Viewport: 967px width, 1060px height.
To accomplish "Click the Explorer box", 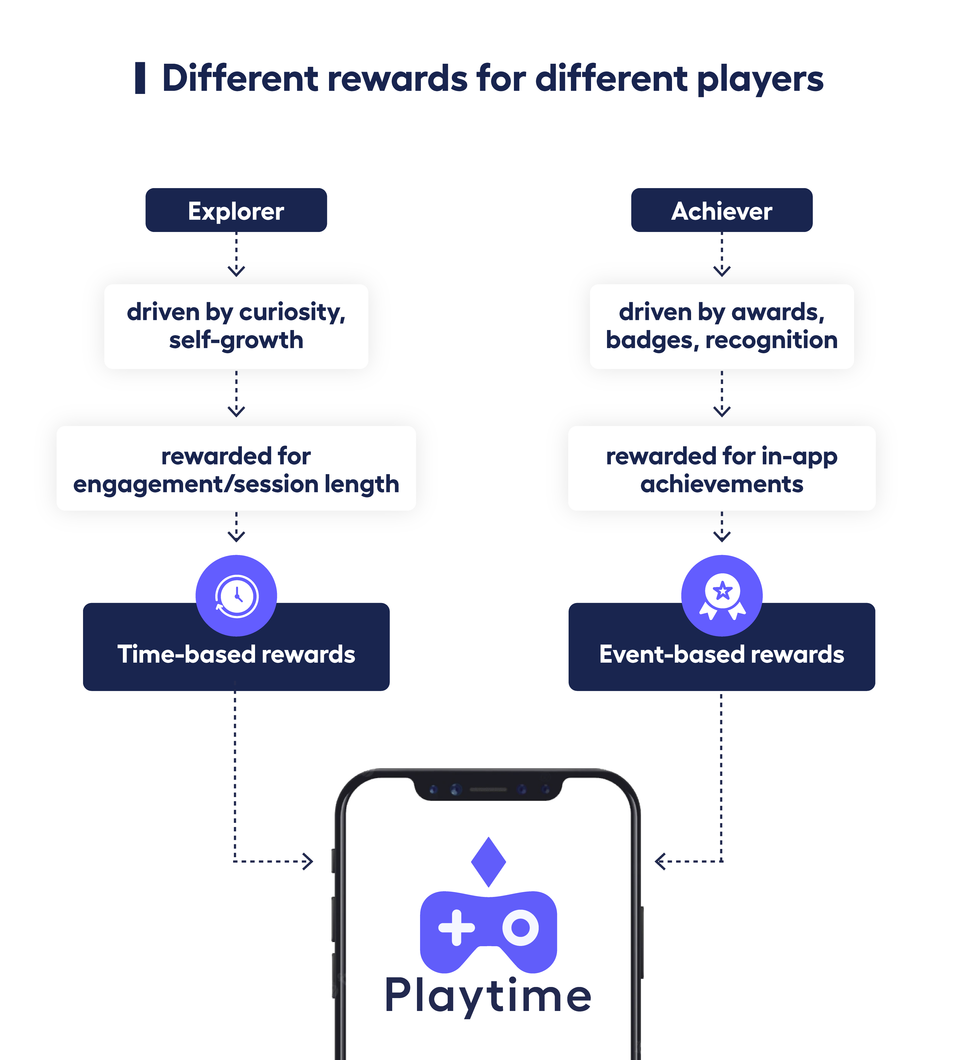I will click(x=236, y=210).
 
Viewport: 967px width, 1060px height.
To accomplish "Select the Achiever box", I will click(x=722, y=210).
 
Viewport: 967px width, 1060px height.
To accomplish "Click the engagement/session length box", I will click(x=236, y=469).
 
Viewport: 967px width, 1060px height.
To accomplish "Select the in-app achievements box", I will click(x=722, y=469).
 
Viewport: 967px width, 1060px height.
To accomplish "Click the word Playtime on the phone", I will click(x=488, y=995).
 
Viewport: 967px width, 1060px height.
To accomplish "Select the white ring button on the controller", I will click(x=520, y=927).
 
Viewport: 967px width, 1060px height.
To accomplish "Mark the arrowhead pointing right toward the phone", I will click(x=308, y=861).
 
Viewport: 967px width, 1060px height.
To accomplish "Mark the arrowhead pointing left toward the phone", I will click(x=660, y=861).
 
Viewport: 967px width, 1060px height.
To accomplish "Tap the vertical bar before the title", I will click(x=140, y=78).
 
